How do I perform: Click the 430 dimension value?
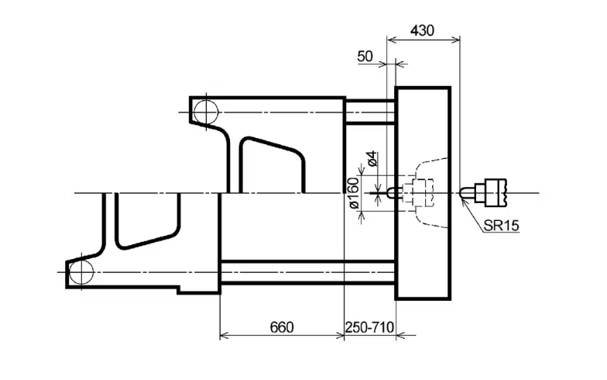click(423, 30)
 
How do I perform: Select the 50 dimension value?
click(365, 57)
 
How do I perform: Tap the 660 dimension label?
click(282, 327)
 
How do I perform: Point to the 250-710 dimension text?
click(369, 327)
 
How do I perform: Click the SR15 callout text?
click(502, 225)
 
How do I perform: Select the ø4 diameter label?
click(372, 158)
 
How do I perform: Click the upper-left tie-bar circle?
click(206, 112)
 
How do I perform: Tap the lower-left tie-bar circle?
click(81, 272)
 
